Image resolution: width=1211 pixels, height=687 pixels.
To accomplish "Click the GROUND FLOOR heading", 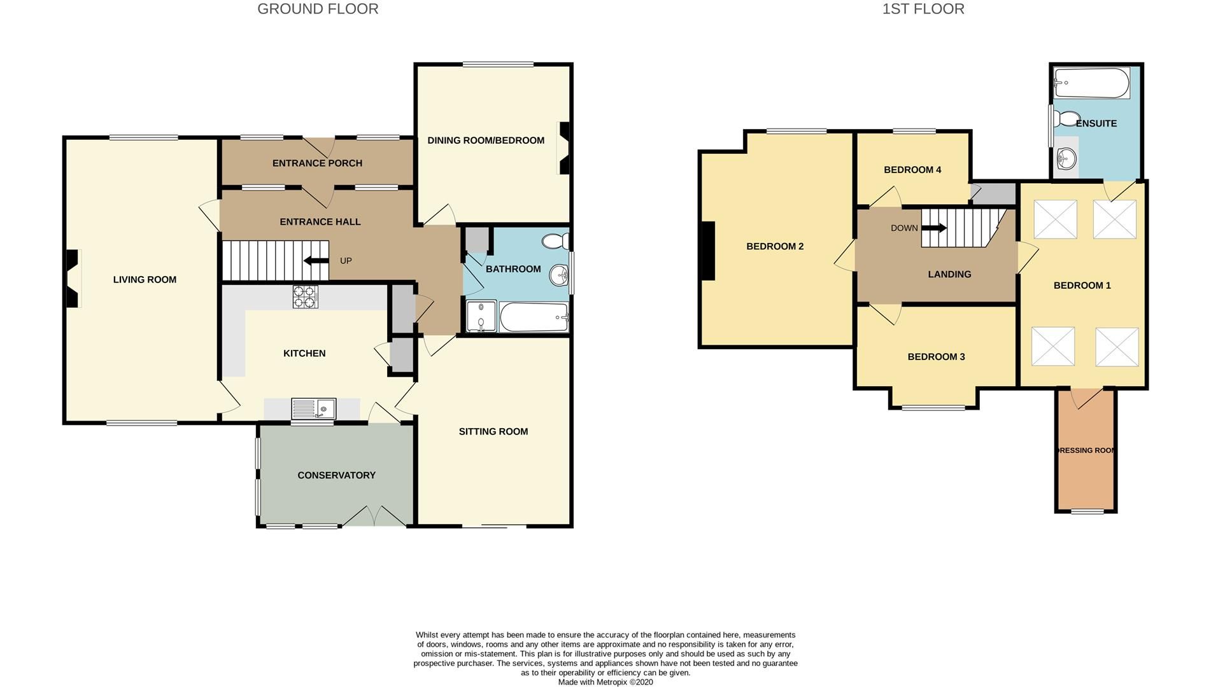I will [318, 9].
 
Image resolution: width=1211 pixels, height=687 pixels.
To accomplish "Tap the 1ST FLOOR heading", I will [923, 9].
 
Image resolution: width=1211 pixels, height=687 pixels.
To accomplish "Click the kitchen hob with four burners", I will [305, 297].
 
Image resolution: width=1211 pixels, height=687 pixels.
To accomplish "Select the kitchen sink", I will [313, 408].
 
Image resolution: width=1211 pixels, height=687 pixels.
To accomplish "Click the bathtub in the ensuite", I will [1091, 83].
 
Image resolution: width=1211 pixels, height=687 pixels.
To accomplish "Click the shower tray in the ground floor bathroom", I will [481, 316].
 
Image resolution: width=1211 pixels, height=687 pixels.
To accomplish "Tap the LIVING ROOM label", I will [145, 280].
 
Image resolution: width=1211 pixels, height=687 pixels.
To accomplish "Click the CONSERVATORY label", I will [336, 475].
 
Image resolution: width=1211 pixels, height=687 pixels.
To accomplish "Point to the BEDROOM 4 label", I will [912, 170].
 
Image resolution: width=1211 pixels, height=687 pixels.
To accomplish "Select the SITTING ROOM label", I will [493, 432].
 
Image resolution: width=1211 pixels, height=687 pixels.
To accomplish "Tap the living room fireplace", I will [73, 279].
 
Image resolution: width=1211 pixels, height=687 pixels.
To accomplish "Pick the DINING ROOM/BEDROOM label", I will [485, 141].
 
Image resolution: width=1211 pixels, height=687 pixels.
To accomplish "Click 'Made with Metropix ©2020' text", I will [605, 682].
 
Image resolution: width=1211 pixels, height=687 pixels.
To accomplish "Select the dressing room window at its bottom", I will [1087, 511].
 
